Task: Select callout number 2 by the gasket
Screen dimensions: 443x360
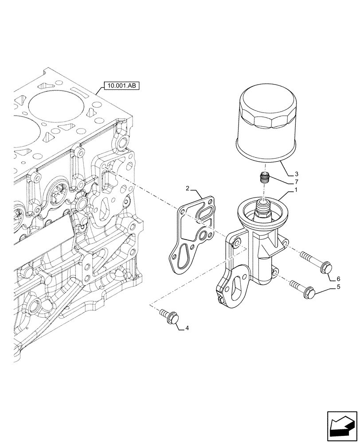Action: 188,189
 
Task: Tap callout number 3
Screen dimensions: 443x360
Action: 297,174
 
